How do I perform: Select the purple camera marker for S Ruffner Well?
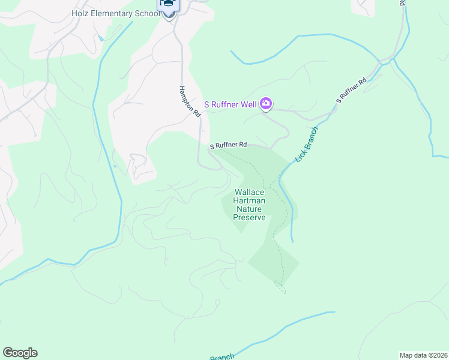(x=266, y=104)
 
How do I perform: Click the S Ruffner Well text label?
(x=231, y=105)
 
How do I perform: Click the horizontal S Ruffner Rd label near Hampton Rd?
(x=228, y=145)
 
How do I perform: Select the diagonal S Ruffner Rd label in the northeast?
(x=351, y=91)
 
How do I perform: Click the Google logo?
(x=20, y=353)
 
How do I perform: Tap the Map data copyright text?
(x=424, y=355)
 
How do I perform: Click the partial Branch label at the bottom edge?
(x=221, y=357)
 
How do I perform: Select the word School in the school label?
(x=148, y=13)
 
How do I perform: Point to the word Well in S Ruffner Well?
(x=249, y=105)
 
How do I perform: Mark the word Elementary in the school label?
(x=113, y=13)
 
